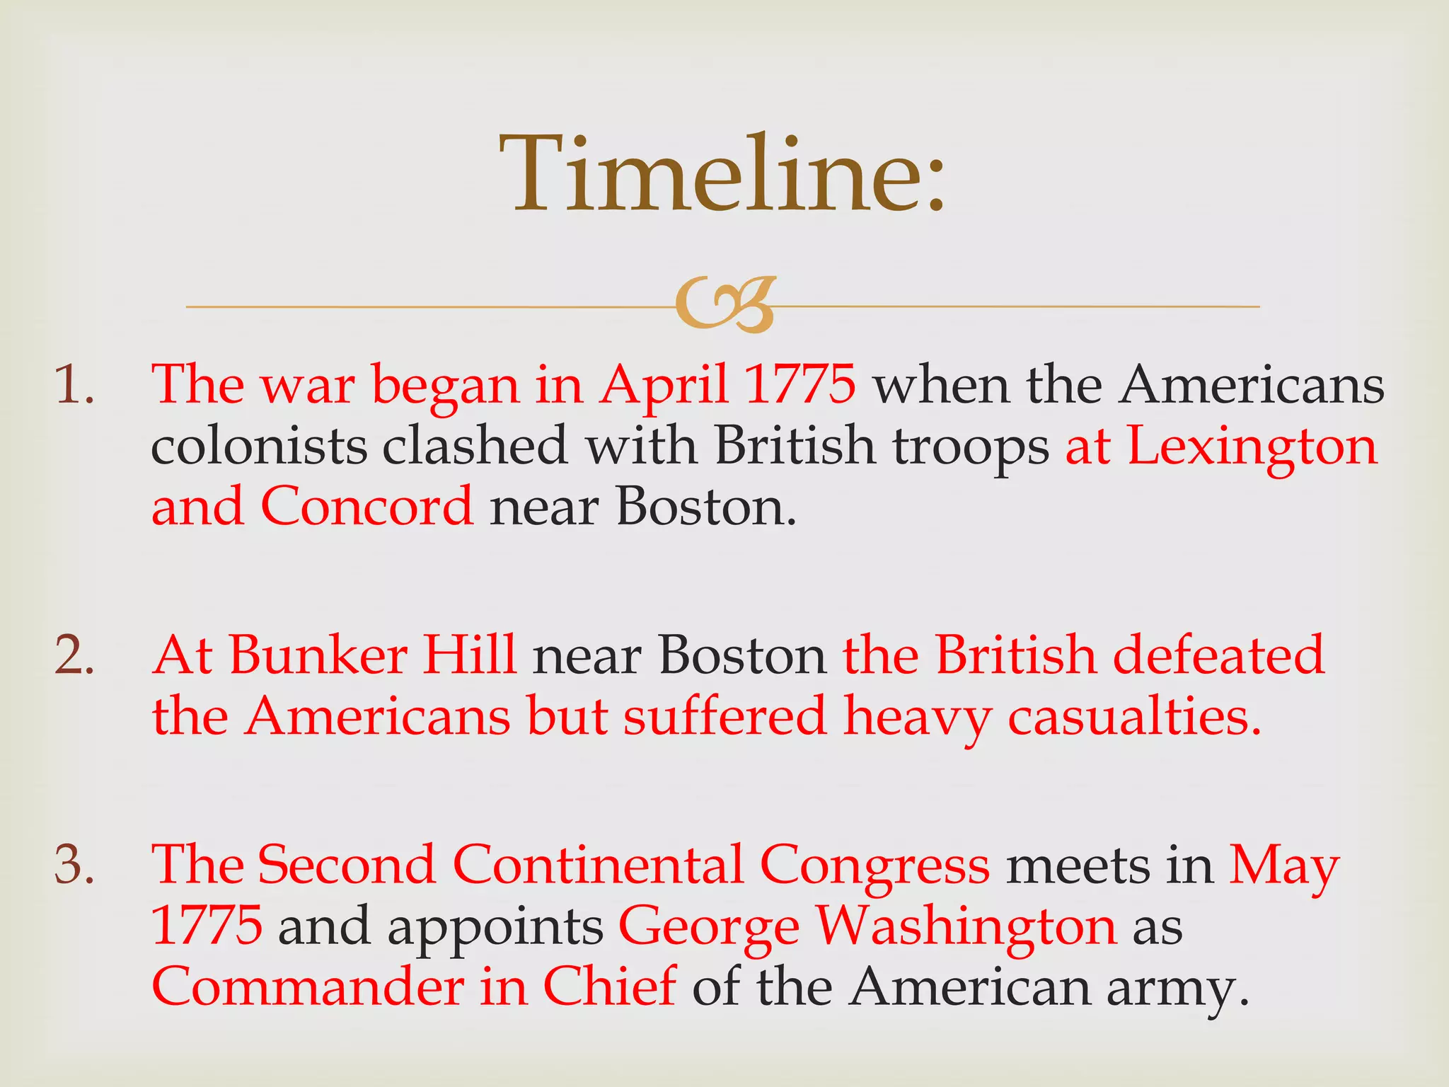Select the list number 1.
[x=74, y=386]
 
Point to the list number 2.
[x=74, y=655]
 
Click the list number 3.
[x=74, y=865]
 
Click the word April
[x=664, y=386]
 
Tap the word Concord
[x=366, y=507]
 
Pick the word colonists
[x=259, y=447]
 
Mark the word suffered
[x=724, y=716]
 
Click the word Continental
[x=598, y=865]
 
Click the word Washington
[x=966, y=926]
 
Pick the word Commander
[x=308, y=987]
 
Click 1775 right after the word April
[x=800, y=386]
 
